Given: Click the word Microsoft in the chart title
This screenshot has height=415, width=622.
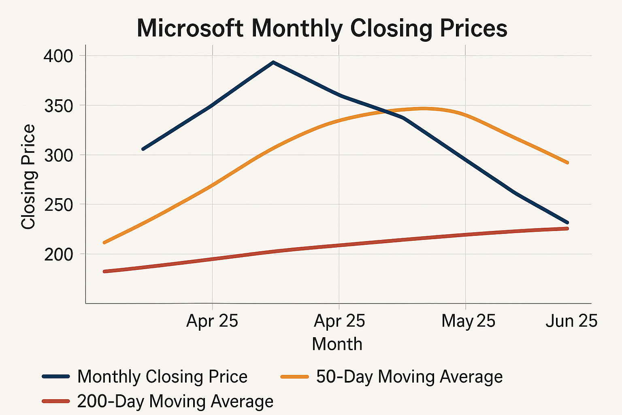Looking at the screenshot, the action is coord(190,28).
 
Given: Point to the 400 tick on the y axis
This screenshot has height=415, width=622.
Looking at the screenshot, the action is coord(58,56).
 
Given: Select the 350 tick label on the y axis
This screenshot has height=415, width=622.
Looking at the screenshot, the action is coord(58,106).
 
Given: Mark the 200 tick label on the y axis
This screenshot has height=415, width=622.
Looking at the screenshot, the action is coord(58,255).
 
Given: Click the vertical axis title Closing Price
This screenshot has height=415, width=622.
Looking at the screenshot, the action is coord(28,177).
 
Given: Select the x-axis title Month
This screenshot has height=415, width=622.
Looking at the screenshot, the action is coord(337,344).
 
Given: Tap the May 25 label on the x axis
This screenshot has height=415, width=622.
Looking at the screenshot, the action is coord(468,321).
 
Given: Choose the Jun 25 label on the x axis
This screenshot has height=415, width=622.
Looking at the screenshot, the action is coord(571,321).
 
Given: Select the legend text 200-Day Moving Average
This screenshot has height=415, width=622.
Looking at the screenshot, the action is coord(175,401).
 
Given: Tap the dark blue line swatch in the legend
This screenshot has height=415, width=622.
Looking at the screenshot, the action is coord(56,376).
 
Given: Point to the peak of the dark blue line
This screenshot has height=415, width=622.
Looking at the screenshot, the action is coord(273,62).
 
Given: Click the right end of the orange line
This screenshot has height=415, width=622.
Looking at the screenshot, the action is coord(567,163).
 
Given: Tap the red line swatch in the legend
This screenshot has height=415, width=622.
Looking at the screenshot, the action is coord(56,401).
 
